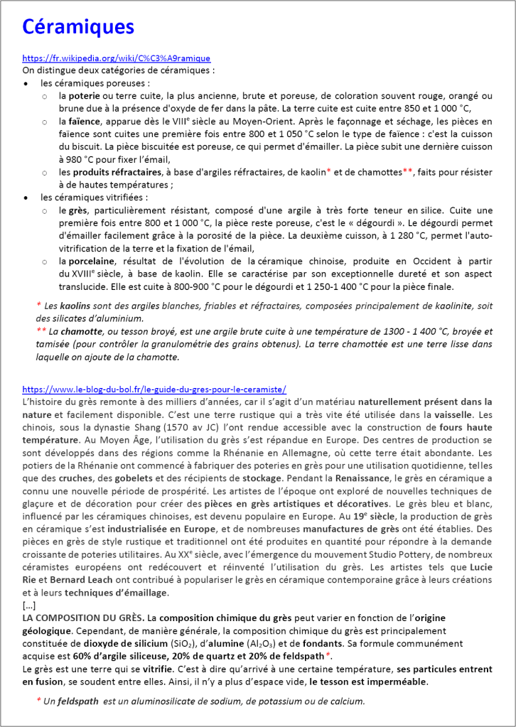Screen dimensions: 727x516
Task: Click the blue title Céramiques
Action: click(x=78, y=26)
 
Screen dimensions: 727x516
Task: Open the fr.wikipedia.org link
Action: click(x=116, y=58)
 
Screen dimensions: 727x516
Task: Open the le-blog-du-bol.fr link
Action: click(x=154, y=389)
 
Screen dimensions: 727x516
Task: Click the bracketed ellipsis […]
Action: click(x=29, y=605)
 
